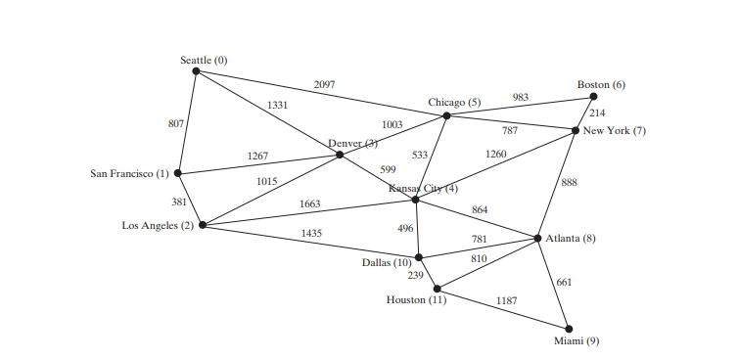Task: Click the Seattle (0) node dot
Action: click(x=196, y=70)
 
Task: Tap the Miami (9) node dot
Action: click(x=569, y=329)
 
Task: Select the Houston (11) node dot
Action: click(x=437, y=289)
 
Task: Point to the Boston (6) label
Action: click(x=601, y=85)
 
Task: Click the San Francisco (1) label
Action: click(x=129, y=174)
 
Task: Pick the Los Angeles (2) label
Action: click(x=158, y=226)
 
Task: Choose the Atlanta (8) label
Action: click(x=571, y=240)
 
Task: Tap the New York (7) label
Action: click(x=615, y=131)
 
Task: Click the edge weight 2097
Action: click(x=324, y=85)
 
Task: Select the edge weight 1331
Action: click(x=278, y=106)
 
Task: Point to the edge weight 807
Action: click(x=176, y=123)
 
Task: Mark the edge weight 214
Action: click(x=597, y=113)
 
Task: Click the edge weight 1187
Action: click(x=506, y=299)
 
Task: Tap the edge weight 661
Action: click(x=565, y=283)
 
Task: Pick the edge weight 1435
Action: click(x=311, y=233)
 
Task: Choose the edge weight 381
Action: click(x=179, y=202)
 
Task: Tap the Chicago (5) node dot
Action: click(x=446, y=115)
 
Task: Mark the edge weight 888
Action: click(x=570, y=182)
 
